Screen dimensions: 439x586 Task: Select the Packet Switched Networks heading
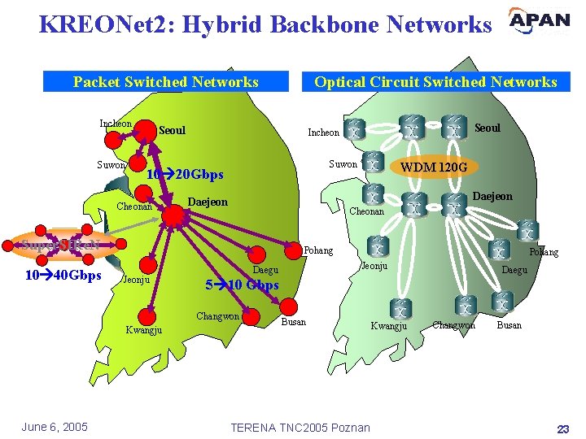click(166, 81)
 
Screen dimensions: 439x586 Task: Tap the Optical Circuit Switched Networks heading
click(435, 81)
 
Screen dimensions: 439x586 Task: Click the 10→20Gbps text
click(185, 174)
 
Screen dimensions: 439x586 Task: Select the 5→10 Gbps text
click(242, 285)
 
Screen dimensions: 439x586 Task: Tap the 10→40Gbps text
click(63, 275)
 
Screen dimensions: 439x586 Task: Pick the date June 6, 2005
click(55, 427)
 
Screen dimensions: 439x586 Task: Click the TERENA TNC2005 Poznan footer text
click(300, 428)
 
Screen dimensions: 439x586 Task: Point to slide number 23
click(562, 428)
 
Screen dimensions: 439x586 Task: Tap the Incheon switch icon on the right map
click(356, 130)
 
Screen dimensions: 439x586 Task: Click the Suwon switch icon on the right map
click(373, 163)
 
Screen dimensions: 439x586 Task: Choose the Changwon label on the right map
click(453, 325)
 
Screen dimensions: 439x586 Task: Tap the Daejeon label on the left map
click(208, 202)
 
